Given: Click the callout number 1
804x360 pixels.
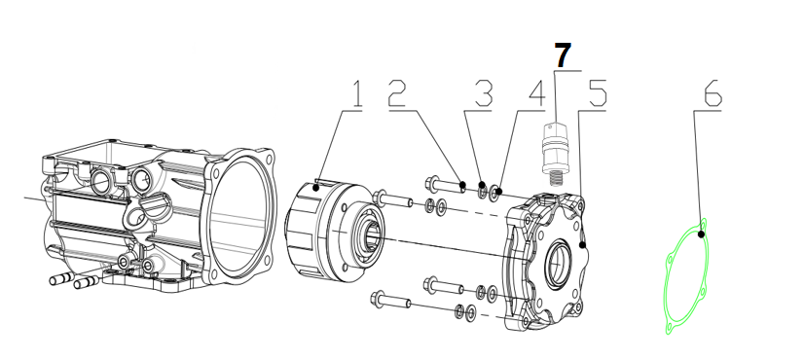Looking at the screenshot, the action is [356, 93].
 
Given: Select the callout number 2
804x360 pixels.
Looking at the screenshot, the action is [397, 92].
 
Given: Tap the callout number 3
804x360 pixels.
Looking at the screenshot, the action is [484, 93].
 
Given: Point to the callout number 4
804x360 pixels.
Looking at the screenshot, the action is [536, 93].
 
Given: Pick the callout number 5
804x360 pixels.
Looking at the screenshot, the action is [598, 92].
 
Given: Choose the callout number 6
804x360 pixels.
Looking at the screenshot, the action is [713, 92].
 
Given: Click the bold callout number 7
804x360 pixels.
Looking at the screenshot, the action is [563, 55].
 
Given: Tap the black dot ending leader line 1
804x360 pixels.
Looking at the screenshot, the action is [316, 188].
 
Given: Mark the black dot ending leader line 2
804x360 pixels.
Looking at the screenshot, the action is [462, 185].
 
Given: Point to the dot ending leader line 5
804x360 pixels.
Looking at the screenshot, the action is [582, 245].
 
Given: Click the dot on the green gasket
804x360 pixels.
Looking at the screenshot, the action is [702, 234].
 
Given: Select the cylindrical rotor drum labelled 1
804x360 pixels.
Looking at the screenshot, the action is [334, 233].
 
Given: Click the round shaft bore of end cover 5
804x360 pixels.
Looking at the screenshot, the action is [557, 265].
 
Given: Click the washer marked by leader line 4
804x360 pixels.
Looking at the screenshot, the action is [495, 194].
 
